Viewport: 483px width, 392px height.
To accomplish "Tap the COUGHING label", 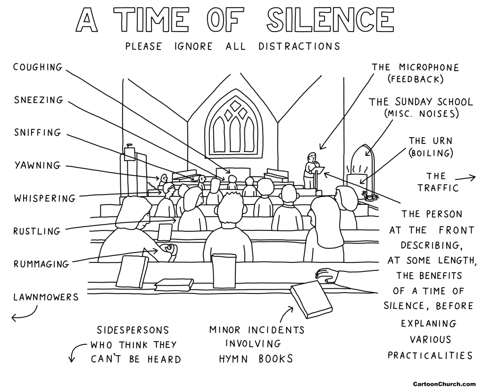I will click(x=38, y=67).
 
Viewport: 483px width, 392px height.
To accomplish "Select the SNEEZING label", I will click(x=38, y=100).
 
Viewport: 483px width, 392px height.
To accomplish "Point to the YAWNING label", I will click(x=37, y=165).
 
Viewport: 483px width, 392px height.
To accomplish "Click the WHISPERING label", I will click(x=44, y=198).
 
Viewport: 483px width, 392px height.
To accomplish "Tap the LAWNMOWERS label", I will click(x=46, y=297).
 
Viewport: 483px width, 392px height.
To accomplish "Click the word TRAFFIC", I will click(x=436, y=188).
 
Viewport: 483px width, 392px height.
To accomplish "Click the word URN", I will click(x=440, y=140).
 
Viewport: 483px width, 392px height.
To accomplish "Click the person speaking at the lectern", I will click(x=310, y=167).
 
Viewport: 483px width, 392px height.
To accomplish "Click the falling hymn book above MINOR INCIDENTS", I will click(x=311, y=299).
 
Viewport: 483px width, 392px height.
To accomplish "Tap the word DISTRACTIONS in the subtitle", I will click(x=299, y=47).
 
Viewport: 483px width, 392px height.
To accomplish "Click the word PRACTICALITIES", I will click(x=430, y=355).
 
